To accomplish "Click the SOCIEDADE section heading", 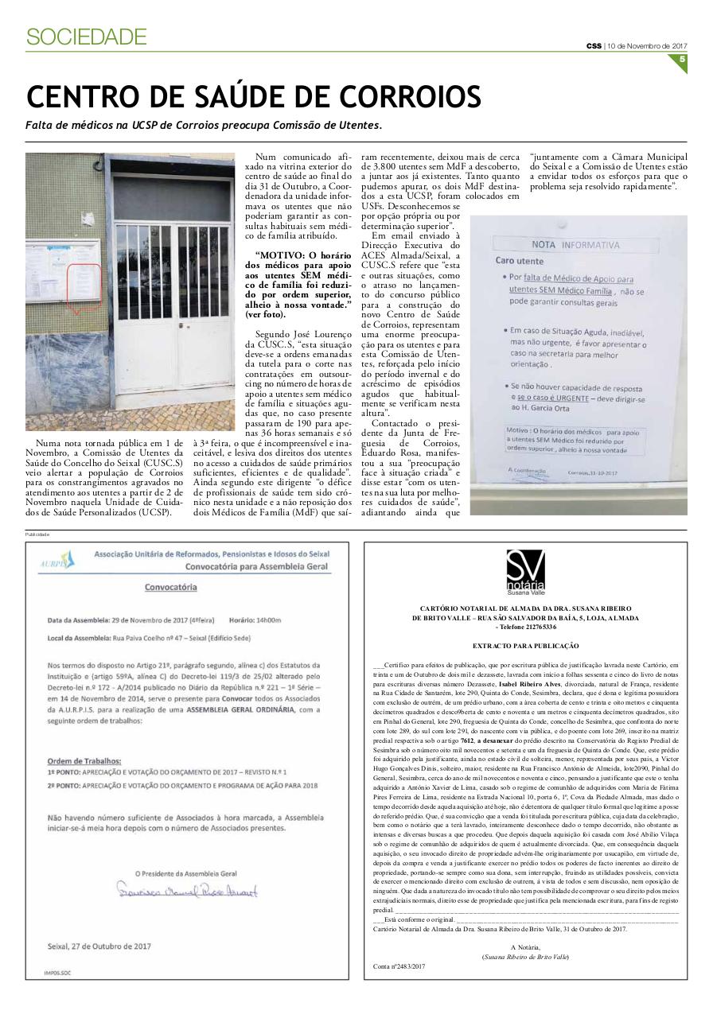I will (x=86, y=37).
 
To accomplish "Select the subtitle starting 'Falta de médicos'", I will (x=203, y=126).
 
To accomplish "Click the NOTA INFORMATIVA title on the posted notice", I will (x=575, y=245).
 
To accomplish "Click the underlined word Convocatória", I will (x=170, y=587).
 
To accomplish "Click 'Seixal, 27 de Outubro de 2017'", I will (x=99, y=946).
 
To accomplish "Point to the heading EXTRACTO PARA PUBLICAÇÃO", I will (x=525, y=646).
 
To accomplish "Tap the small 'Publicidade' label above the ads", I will (x=37, y=534).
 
